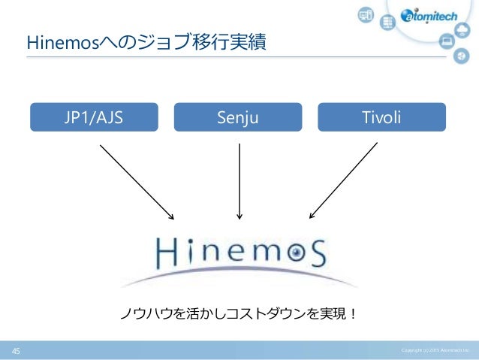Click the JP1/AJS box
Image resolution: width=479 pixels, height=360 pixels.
[x=94, y=118]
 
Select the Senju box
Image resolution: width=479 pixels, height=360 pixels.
[x=237, y=118]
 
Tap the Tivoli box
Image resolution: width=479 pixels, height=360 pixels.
[x=381, y=118]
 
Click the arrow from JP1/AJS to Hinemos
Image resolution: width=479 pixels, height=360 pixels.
[x=137, y=181]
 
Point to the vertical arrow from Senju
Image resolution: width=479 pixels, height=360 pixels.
[x=239, y=181]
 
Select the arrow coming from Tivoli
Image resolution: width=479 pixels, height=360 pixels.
[x=343, y=181]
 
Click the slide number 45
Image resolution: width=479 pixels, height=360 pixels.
[x=14, y=351]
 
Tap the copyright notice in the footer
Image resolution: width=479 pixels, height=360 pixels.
[x=435, y=351]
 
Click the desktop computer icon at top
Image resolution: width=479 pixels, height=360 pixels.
[x=366, y=14]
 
